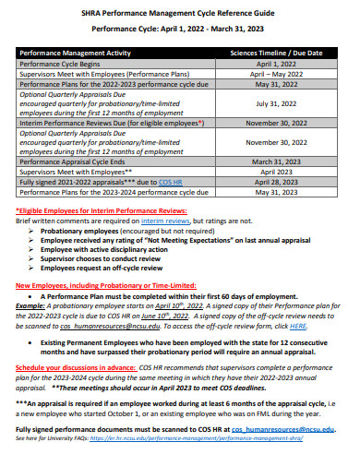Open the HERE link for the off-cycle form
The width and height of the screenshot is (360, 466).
299,326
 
